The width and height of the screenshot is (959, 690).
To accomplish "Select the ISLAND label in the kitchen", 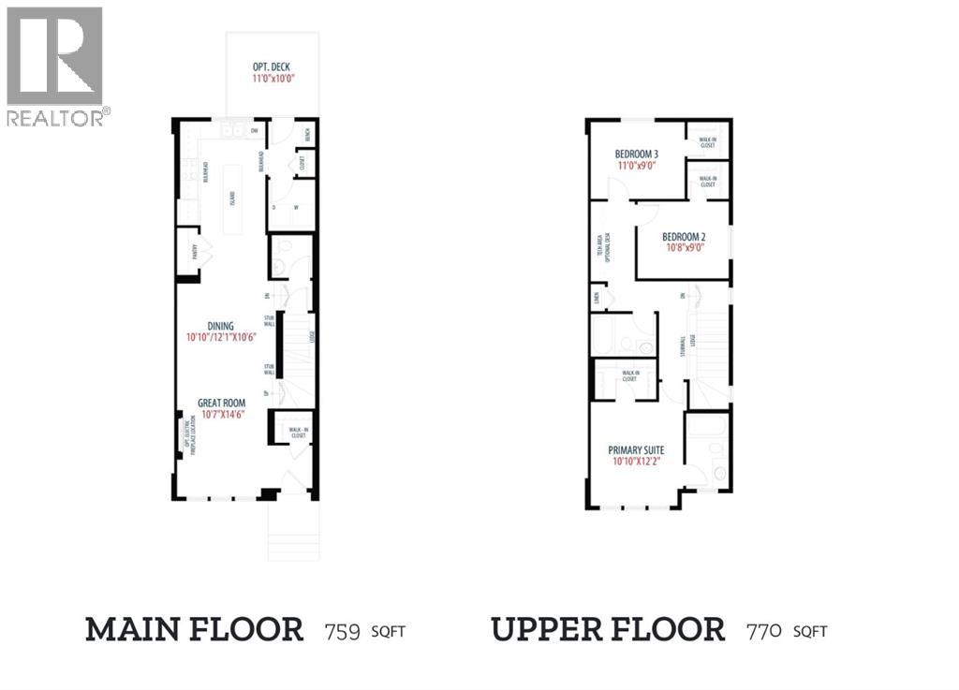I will [232, 198].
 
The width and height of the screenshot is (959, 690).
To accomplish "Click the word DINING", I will [221, 326].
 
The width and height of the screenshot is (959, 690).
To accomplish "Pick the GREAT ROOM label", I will [222, 403].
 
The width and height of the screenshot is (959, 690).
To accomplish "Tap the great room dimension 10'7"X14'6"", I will [222, 415].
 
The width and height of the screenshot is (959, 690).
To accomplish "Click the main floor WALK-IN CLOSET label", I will [298, 433].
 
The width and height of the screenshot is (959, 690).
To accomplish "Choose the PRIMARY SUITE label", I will [636, 449].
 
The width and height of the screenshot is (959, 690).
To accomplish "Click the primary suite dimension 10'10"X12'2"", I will [636, 462].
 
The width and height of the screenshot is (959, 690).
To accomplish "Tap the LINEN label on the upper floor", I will [596, 300].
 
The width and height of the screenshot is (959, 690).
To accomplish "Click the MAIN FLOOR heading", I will [195, 629].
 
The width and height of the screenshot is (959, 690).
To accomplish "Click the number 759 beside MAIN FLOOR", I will [343, 630].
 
